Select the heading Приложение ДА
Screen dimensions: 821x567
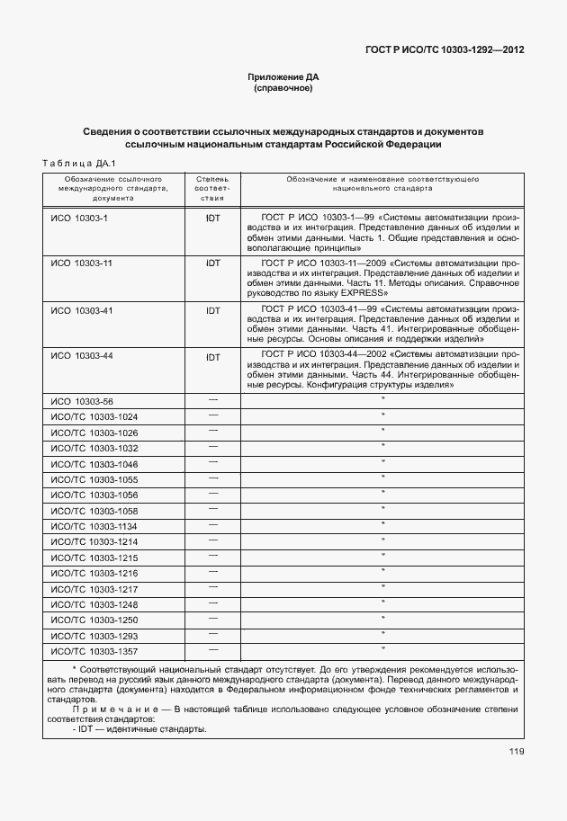click(283, 77)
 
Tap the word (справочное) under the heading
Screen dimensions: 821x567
click(283, 89)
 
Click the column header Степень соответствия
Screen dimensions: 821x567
click(213, 190)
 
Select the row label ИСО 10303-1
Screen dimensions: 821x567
click(79, 218)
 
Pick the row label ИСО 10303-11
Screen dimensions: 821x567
click(81, 263)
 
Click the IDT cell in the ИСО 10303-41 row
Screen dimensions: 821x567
click(213, 310)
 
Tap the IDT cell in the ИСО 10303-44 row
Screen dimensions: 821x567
click(213, 357)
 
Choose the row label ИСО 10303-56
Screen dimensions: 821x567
click(82, 401)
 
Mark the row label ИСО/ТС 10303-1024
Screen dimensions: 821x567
click(94, 417)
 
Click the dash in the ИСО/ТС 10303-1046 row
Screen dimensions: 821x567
click(213, 462)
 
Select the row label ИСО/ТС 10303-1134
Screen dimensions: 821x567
click(94, 526)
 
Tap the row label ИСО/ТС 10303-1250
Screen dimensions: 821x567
click(94, 620)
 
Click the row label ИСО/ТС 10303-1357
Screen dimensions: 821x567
click(94, 651)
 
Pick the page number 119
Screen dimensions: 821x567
click(515, 753)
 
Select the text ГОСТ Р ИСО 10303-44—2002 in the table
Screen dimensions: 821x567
click(319, 357)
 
